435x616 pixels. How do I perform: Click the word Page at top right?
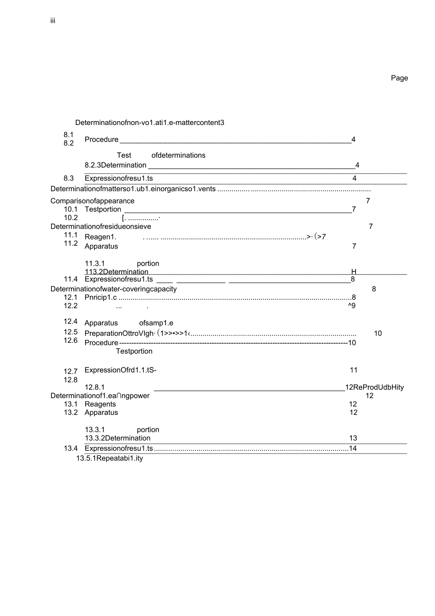pyautogui.click(x=399, y=78)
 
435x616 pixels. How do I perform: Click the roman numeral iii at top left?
pyautogui.click(x=53, y=21)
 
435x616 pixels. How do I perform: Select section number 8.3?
pyautogui.click(x=69, y=178)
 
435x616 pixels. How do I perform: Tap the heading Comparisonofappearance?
pyautogui.click(x=92, y=201)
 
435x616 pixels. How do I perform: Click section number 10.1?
pyautogui.click(x=70, y=209)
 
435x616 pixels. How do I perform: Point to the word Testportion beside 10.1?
pyautogui.click(x=103, y=209)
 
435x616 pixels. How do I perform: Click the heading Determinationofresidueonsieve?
pyautogui.click(x=101, y=226)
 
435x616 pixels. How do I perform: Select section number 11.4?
pyautogui.click(x=70, y=279)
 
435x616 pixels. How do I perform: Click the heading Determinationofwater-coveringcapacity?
pyautogui.click(x=113, y=289)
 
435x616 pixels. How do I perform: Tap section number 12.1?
pyautogui.click(x=70, y=297)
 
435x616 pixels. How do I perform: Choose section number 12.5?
pyautogui.click(x=70, y=332)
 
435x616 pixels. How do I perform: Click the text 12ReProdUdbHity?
pyautogui.click(x=374, y=387)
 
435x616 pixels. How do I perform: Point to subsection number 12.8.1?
pyautogui.click(x=95, y=387)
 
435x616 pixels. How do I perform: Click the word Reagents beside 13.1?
pyautogui.click(x=100, y=404)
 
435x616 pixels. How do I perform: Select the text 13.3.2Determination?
pyautogui.click(x=117, y=438)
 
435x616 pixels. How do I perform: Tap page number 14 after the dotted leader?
pyautogui.click(x=353, y=448)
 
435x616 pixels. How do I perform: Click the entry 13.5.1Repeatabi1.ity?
pyautogui.click(x=109, y=458)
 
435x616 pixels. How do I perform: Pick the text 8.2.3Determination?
pyautogui.click(x=115, y=165)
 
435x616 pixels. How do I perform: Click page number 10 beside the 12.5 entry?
pyautogui.click(x=378, y=333)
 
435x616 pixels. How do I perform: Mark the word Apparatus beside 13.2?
pyautogui.click(x=101, y=412)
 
